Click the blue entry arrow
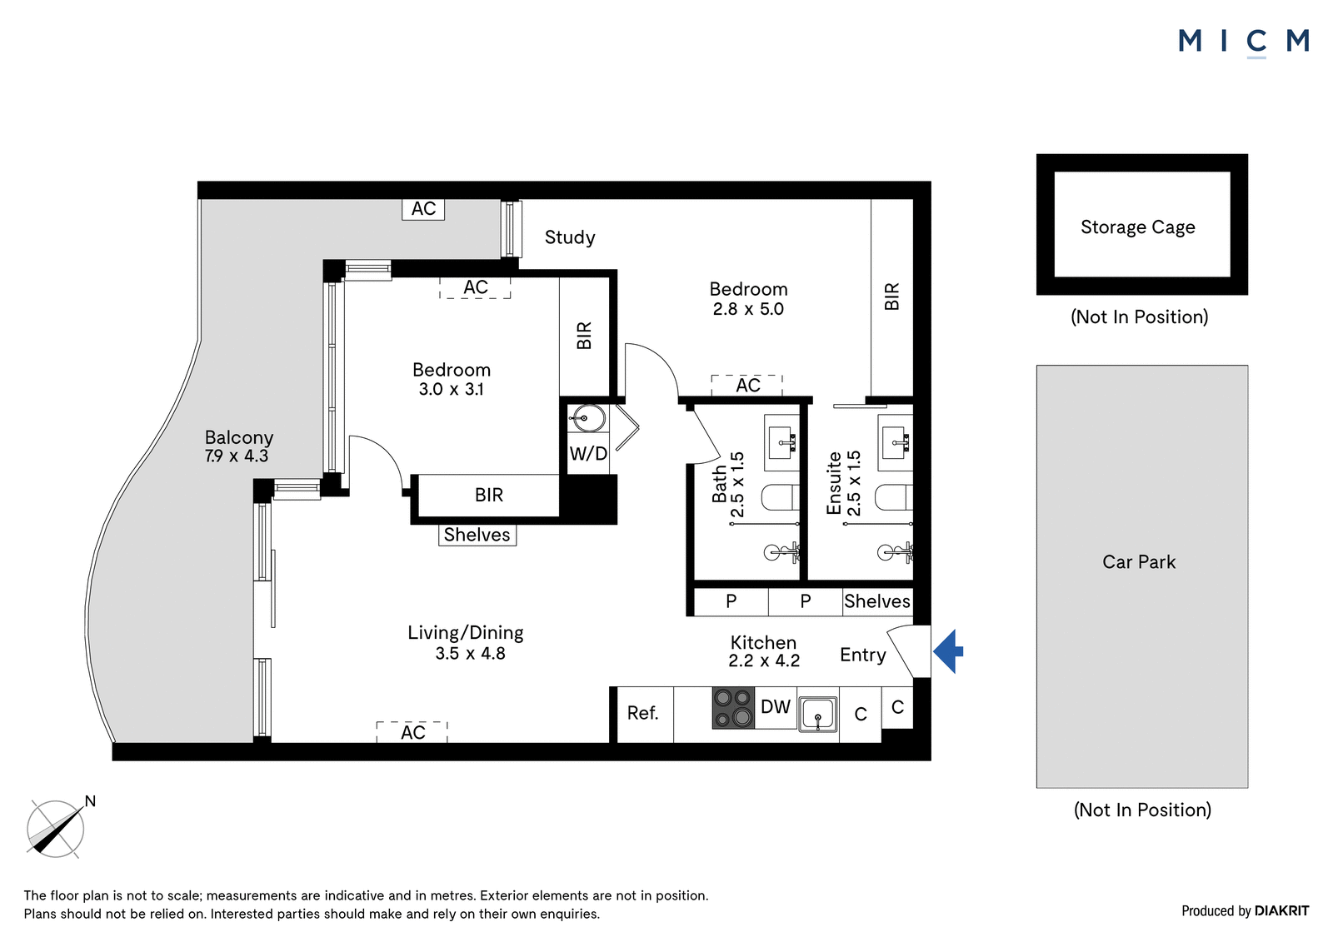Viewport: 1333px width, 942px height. coord(948,651)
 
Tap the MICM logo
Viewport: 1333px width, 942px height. coord(1244,42)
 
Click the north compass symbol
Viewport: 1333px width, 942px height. coord(57,828)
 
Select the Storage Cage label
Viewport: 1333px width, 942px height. coord(1138,227)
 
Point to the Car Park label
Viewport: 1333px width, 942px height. coord(1139,561)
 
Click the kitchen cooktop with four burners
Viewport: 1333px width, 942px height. coord(733,708)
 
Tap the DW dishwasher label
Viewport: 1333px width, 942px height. coord(776,706)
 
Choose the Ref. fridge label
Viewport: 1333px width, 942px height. coord(642,712)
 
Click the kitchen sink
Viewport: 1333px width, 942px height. coord(817,714)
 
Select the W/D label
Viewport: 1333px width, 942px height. coord(588,453)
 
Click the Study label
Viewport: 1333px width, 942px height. coord(570,237)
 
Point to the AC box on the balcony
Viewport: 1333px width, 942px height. coord(423,209)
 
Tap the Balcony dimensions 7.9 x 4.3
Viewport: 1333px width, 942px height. coord(237,456)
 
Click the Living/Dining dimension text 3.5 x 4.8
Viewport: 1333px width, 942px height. coord(470,653)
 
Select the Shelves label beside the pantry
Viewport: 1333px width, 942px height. coord(877,601)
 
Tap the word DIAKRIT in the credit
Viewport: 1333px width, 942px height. coord(1282,910)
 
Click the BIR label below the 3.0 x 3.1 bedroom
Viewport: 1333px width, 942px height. coord(488,495)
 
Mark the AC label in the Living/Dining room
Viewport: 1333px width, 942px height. coord(413,733)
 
